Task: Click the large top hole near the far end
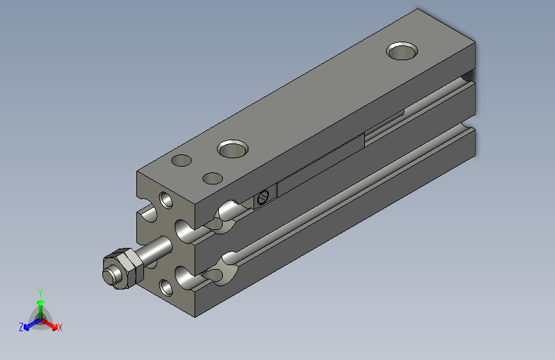pyautogui.click(x=402, y=51)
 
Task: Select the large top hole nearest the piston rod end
pyautogui.click(x=232, y=149)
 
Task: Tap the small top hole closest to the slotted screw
pyautogui.click(x=213, y=178)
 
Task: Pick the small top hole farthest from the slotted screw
pyautogui.click(x=181, y=160)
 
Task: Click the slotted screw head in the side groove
pyautogui.click(x=263, y=197)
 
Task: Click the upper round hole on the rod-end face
pyautogui.click(x=166, y=200)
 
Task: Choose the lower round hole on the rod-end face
pyautogui.click(x=166, y=288)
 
